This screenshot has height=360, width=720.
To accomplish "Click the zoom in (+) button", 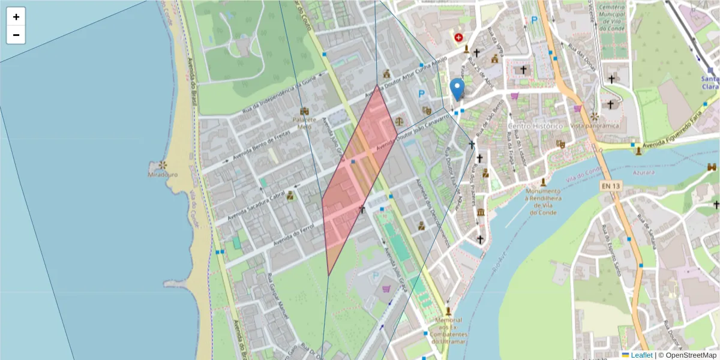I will (16, 17).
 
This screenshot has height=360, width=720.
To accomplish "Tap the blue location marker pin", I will (457, 89).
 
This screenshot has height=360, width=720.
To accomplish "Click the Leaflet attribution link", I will (643, 355).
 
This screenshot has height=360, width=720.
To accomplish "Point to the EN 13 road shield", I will (610, 187).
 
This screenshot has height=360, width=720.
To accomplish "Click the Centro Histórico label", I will (535, 126).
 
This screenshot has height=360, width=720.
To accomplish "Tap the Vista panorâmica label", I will (594, 126).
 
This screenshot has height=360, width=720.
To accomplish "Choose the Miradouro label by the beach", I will (163, 175).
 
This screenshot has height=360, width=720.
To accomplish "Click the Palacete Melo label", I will (305, 122).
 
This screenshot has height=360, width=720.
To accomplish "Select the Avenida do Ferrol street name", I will (294, 236).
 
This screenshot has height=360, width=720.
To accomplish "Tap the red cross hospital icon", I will (459, 37).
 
